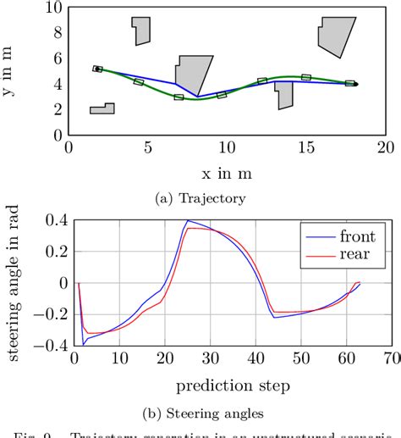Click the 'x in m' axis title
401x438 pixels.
[x=227, y=174]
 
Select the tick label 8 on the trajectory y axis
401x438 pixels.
[x=56, y=33]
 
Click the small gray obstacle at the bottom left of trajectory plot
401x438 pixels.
[x=102, y=108]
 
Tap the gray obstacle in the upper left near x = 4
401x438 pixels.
[x=140, y=30]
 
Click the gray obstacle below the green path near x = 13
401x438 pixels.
[x=284, y=95]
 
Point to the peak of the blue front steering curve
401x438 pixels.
[x=188, y=220]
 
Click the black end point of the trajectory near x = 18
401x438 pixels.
[x=355, y=84]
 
